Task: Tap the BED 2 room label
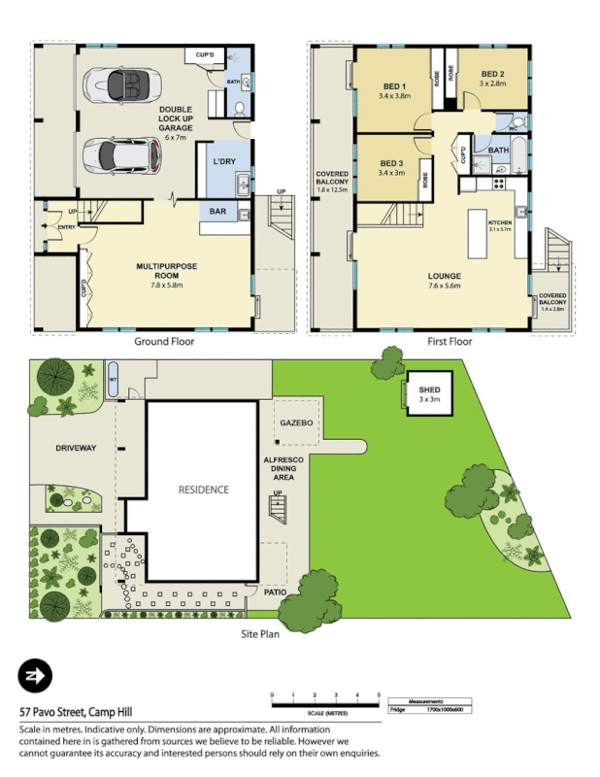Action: click(492, 75)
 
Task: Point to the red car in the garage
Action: click(120, 153)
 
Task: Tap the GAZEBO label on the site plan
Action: click(294, 424)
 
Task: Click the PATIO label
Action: click(275, 591)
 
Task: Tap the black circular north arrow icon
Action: click(35, 677)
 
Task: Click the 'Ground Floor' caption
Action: click(163, 342)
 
